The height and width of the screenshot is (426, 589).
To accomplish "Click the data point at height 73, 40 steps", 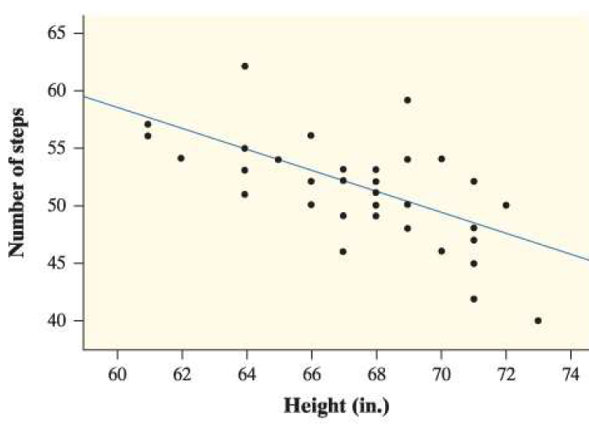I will tap(538, 321).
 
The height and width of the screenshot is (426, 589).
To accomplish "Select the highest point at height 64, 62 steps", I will tap(245, 66).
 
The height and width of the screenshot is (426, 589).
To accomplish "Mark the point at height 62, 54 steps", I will tap(181, 158).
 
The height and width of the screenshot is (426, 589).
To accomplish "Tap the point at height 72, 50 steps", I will tap(506, 205).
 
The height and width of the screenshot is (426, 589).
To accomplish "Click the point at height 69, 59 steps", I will tap(407, 100).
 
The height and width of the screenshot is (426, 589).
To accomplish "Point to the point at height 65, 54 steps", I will tap(277, 159).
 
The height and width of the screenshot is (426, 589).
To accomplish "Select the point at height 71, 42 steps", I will tap(473, 299).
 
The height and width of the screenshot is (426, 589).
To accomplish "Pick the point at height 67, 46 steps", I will tap(343, 251).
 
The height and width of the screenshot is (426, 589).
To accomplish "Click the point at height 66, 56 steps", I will tap(311, 135).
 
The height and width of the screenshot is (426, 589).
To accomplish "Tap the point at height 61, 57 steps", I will tap(148, 124).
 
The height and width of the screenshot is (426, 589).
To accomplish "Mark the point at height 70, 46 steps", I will tap(441, 251).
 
